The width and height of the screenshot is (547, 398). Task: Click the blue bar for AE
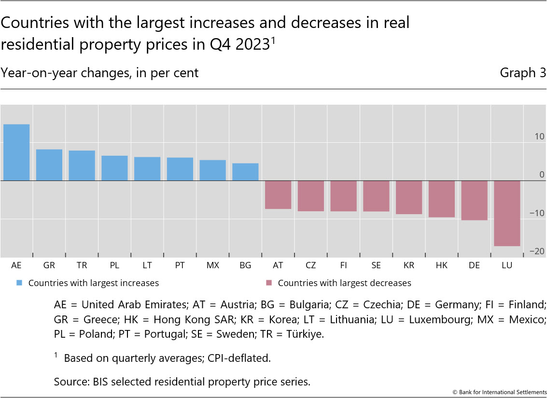(16, 152)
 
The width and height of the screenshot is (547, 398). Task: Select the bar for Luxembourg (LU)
(507, 213)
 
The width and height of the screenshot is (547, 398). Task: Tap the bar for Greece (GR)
(49, 165)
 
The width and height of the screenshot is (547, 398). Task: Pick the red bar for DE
(474, 200)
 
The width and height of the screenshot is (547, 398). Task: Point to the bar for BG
(245, 172)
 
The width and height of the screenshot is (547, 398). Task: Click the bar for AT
(278, 195)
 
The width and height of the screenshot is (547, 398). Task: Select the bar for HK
(442, 199)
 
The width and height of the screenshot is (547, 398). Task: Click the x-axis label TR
(82, 266)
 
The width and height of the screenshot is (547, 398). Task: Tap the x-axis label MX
(212, 266)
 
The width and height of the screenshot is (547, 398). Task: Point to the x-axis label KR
(408, 266)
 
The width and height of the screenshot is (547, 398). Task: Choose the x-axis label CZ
(310, 266)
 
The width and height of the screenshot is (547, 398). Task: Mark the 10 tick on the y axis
(539, 137)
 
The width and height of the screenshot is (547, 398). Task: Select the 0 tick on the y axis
(541, 175)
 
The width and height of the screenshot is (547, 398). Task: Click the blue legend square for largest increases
(19, 283)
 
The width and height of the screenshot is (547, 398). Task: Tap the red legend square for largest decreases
(269, 283)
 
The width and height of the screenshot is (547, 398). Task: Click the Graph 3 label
(523, 73)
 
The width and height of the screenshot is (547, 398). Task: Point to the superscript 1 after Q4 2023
(272, 40)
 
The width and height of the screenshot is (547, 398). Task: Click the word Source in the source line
(70, 382)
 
